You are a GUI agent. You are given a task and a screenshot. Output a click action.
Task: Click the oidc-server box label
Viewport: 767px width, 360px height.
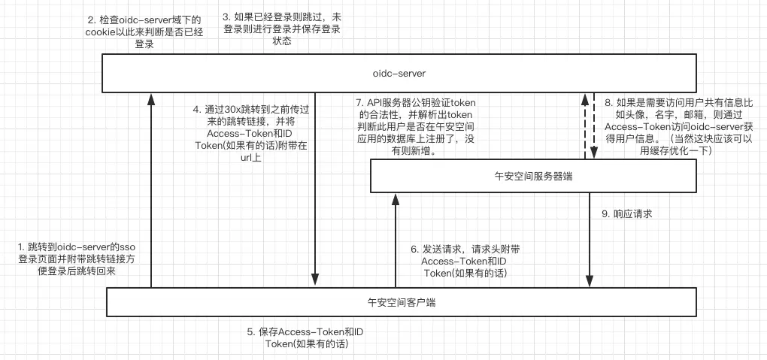pos(399,74)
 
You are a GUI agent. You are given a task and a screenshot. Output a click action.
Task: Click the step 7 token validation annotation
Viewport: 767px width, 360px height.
pos(421,126)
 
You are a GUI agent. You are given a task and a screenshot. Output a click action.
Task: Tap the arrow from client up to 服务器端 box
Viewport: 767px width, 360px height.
pos(393,241)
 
